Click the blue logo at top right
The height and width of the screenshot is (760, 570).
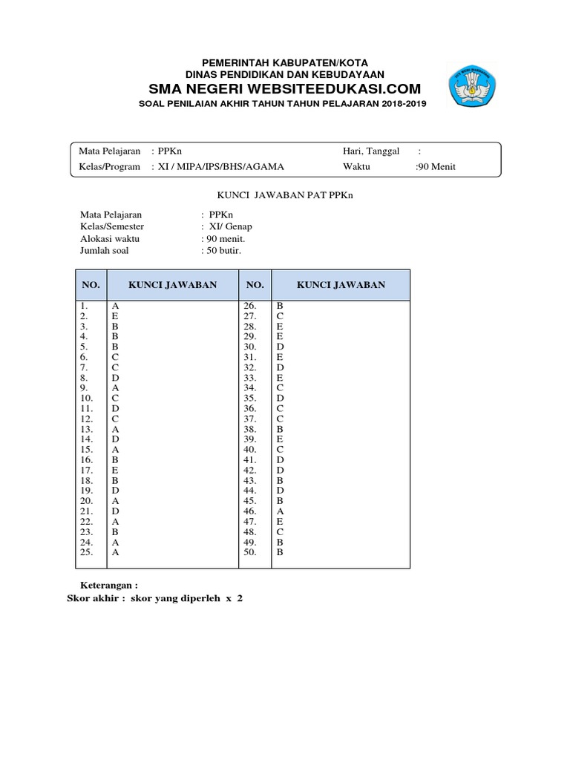point(475,85)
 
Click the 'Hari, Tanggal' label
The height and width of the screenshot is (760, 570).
point(371,151)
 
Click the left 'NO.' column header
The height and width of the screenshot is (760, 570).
point(91,285)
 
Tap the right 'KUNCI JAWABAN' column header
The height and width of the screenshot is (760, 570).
point(341,285)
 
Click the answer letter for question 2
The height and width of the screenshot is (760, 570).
point(115,315)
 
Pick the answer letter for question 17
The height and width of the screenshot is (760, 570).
point(115,470)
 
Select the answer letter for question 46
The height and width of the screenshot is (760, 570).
point(280,511)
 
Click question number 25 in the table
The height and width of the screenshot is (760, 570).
point(87,552)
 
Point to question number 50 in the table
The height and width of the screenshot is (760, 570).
point(249,552)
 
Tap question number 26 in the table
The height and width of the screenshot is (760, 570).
point(249,305)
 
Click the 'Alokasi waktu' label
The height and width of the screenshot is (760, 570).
point(110,239)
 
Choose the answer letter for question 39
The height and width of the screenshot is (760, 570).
point(280,439)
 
